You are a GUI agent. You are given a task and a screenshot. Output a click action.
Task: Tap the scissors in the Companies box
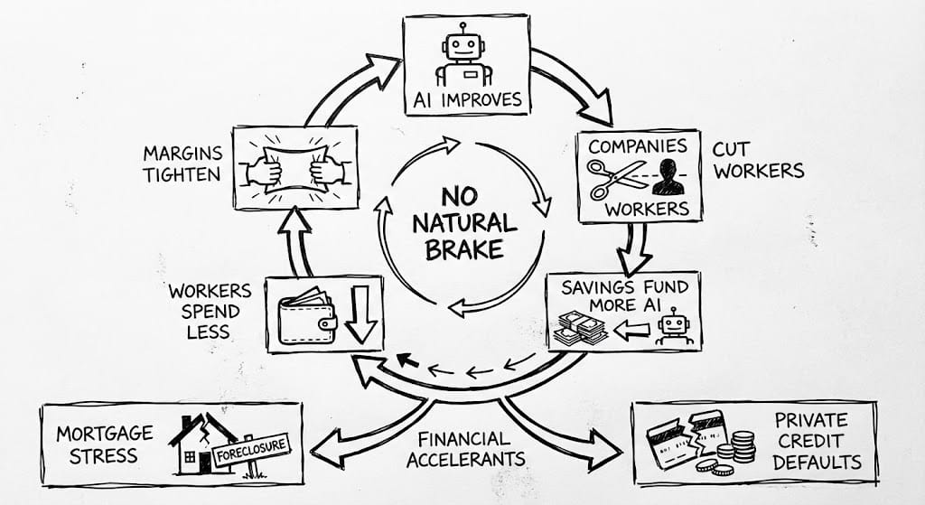coord(617,178)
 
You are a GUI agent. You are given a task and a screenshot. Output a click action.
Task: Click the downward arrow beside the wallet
coord(360,317)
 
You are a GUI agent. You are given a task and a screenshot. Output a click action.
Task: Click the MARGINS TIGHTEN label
coord(181,163)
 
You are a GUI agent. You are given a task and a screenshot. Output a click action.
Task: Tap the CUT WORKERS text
coord(757,158)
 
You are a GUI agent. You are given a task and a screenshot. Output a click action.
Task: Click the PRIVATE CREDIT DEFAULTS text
coord(811,441)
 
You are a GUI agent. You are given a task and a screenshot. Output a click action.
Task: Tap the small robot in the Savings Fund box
coord(672,329)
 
